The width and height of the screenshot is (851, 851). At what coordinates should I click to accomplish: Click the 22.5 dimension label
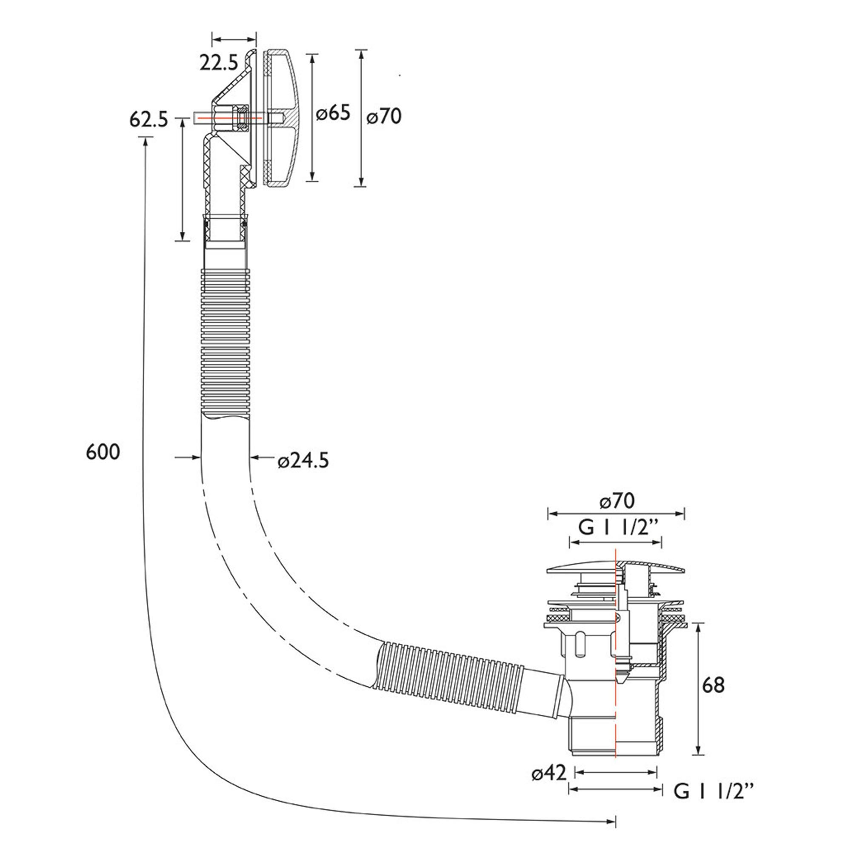click(218, 63)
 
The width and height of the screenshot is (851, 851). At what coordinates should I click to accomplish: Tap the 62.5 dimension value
click(149, 120)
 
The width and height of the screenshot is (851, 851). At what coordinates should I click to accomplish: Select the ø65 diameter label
click(334, 114)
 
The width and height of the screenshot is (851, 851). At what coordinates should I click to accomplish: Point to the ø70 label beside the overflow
click(384, 117)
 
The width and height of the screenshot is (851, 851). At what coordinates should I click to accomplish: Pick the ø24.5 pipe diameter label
click(303, 461)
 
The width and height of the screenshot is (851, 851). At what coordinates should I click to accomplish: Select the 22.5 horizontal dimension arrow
click(234, 40)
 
